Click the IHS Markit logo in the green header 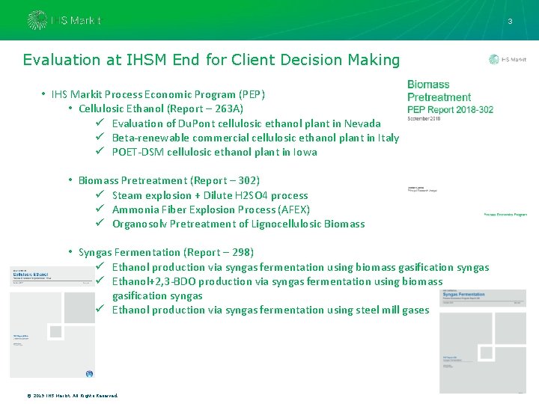coord(64,20)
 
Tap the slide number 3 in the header coord(510,22)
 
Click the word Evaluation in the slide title coord(61,60)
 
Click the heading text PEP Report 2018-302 coord(450,109)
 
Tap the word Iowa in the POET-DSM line coord(305,152)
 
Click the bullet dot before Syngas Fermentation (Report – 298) coord(70,252)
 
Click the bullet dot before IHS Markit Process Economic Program coord(43,94)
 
